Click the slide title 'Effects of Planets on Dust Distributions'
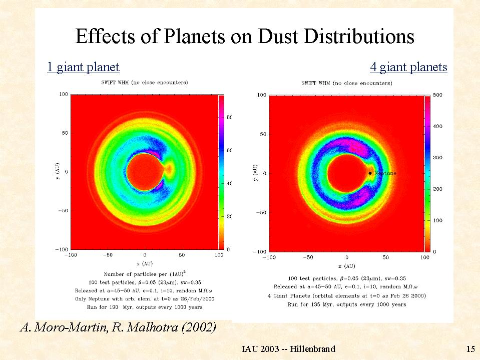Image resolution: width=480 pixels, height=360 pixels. pos(245,37)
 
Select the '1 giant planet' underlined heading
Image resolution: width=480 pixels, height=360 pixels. pos(83,67)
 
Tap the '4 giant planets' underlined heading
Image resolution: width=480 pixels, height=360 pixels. pos(408,67)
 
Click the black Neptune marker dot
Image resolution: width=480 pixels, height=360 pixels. pos(370,173)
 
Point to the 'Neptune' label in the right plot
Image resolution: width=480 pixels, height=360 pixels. pos(385,173)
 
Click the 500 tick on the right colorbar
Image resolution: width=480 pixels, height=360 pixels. pos(437,95)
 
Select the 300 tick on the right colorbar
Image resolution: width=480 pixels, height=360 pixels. pos(437,158)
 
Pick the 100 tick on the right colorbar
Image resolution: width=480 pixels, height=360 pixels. pos(437,220)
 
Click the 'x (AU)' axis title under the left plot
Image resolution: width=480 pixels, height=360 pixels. pos(145,263)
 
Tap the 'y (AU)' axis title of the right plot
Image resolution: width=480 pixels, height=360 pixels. pos(255,173)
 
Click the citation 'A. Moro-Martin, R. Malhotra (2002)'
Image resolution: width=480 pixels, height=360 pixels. pos(118,328)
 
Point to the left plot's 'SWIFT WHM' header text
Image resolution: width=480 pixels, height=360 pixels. pos(145,82)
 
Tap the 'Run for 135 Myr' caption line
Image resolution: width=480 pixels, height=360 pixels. pos(347,304)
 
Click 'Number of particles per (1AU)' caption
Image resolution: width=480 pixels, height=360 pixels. pos(145,274)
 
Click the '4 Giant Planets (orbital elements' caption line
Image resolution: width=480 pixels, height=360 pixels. pos(347,295)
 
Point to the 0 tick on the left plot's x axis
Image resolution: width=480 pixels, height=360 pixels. pos(145,255)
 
